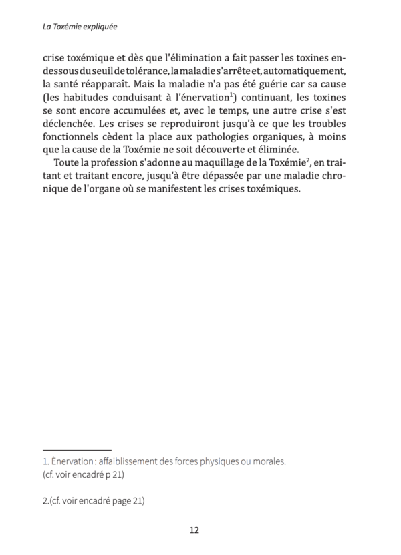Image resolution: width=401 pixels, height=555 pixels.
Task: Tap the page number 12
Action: [194, 530]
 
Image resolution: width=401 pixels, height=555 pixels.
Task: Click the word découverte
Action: [240, 156]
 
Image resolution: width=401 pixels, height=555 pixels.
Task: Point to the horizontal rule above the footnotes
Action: [77, 450]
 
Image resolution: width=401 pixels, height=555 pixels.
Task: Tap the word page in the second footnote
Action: [112, 500]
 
